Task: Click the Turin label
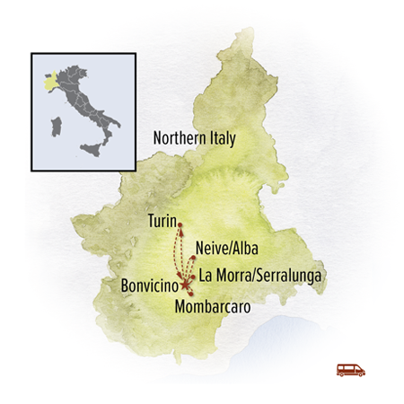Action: (162, 219)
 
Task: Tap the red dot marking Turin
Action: (180, 224)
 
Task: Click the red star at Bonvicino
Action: (186, 285)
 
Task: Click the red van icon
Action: (350, 369)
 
